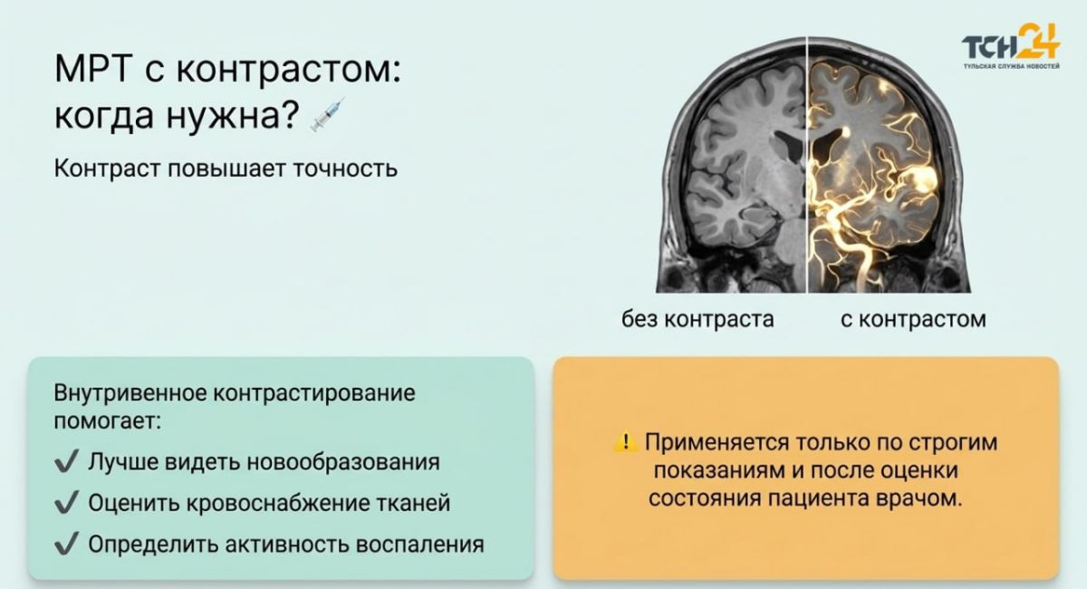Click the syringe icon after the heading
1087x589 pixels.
click(x=328, y=114)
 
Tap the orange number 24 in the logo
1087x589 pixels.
click(x=1040, y=42)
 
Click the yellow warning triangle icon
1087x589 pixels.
click(x=626, y=442)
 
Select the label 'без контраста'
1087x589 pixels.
click(x=697, y=320)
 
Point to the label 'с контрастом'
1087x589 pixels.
click(x=913, y=320)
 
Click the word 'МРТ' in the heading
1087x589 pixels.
click(x=93, y=69)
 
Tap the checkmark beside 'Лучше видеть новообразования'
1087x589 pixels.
click(x=66, y=461)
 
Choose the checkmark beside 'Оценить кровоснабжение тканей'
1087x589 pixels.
click(x=66, y=503)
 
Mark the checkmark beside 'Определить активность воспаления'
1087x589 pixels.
click(x=66, y=544)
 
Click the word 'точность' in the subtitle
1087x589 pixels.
click(x=345, y=169)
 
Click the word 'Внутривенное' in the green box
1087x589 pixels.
click(x=130, y=393)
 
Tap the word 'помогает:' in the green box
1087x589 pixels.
click(x=107, y=421)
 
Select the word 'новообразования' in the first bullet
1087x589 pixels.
click(x=343, y=462)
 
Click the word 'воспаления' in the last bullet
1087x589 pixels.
click(x=420, y=545)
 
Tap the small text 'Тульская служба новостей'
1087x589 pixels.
click(x=1012, y=66)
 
